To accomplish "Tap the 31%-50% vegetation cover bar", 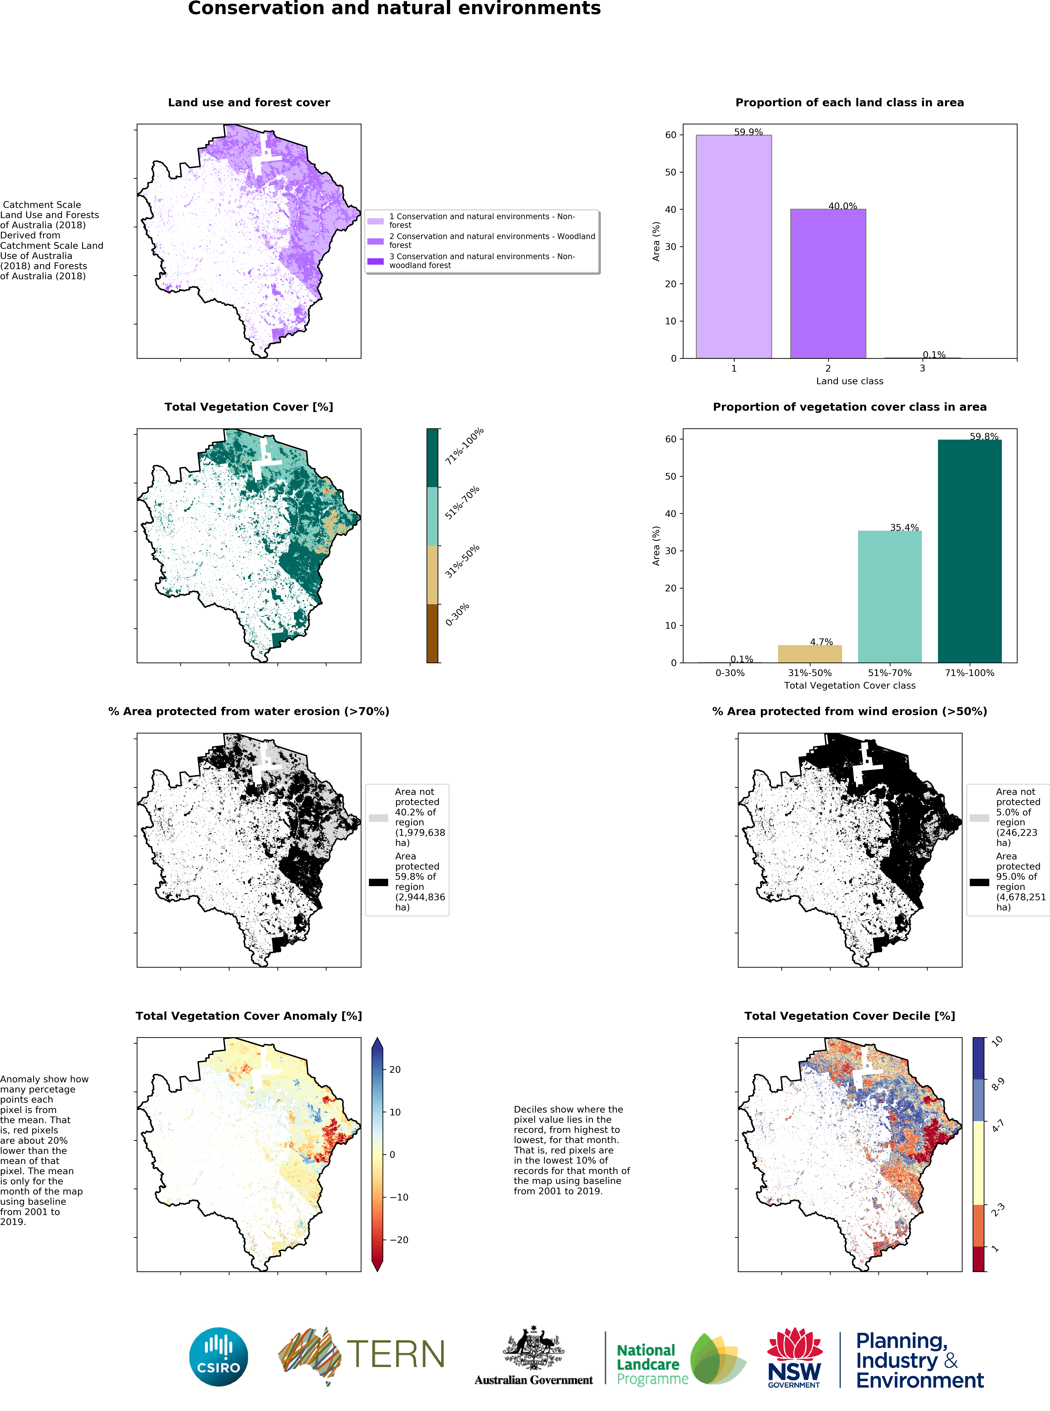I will pyautogui.click(x=810, y=653).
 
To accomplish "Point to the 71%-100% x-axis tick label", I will pyautogui.click(x=969, y=672).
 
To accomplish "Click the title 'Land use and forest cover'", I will pyautogui.click(x=249, y=102).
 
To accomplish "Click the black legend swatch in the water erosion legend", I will pyautogui.click(x=378, y=882).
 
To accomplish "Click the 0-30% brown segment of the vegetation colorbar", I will pyautogui.click(x=432, y=633).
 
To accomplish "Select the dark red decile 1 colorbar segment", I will pyautogui.click(x=978, y=1259).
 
